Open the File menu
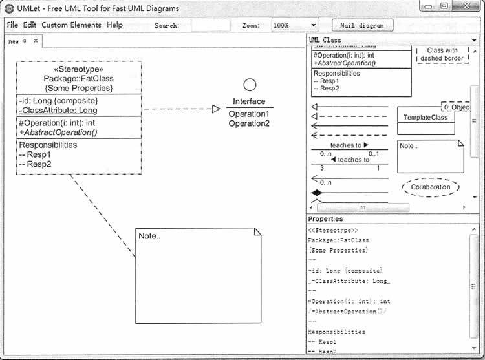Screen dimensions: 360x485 click(x=12, y=25)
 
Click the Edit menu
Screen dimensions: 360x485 click(x=30, y=25)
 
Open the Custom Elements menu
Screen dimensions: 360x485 click(x=71, y=25)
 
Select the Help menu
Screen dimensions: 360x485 click(x=114, y=25)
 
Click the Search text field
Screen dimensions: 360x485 click(x=210, y=25)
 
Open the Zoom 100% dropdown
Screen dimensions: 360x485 click(x=294, y=25)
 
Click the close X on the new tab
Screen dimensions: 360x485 click(x=36, y=41)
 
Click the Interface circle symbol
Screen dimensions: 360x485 click(x=250, y=85)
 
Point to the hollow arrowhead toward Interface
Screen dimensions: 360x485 click(x=216, y=109)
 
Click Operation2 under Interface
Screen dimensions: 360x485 click(x=249, y=123)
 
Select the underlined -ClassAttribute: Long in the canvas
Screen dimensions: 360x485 click(x=58, y=111)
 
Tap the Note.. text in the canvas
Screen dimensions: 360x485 click(x=149, y=236)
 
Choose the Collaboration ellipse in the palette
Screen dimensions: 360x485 click(x=430, y=187)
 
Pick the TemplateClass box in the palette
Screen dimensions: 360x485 click(x=426, y=118)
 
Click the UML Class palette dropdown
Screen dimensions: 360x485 click(x=393, y=40)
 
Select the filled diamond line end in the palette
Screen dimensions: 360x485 click(x=317, y=193)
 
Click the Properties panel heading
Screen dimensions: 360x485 click(x=326, y=219)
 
